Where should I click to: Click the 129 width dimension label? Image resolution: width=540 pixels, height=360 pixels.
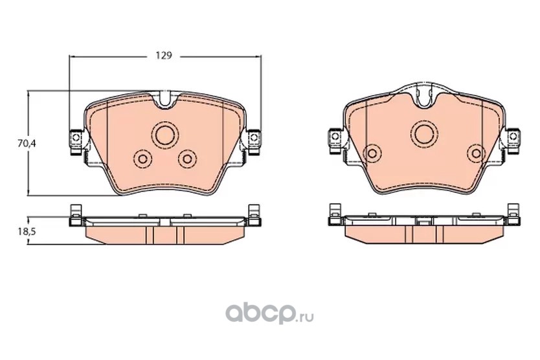point(163,56)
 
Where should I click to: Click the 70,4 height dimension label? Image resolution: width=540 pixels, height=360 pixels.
point(27,144)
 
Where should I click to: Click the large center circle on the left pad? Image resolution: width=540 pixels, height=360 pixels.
point(165,135)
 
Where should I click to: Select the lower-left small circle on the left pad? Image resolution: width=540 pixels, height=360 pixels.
point(142,159)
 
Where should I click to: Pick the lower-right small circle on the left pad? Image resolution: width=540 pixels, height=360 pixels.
point(187,159)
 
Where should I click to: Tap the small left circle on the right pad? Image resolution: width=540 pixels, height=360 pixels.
point(372,153)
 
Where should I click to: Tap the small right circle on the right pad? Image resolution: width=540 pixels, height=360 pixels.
point(477,153)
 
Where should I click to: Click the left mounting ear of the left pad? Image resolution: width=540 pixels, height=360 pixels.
point(76,142)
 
